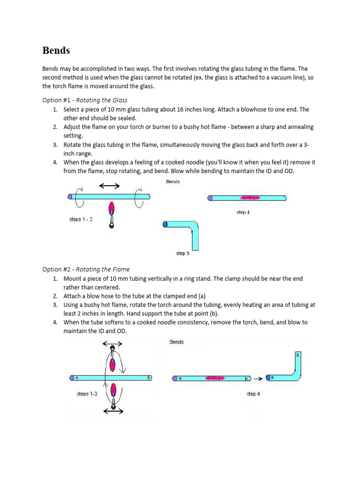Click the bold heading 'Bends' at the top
coord(56,50)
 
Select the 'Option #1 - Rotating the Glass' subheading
coord(85,100)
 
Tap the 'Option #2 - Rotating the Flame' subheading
coord(86,269)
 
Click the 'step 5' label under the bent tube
coord(183,254)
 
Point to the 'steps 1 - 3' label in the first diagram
coord(81,219)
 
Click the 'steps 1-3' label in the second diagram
coord(87,394)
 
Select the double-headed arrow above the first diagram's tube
coord(109,186)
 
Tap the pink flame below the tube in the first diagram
coord(112,209)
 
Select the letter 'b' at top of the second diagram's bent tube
coord(297,355)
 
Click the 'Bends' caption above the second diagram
coord(177,342)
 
